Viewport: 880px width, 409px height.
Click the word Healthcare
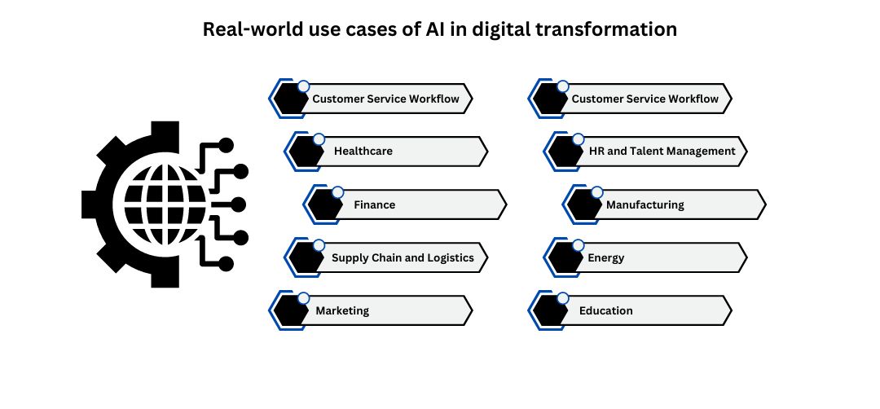[x=363, y=151]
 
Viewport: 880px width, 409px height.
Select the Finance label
[x=374, y=204]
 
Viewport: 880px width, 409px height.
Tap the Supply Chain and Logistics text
[x=403, y=257]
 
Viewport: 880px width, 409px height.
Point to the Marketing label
[x=342, y=310]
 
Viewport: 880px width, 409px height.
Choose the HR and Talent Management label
[x=662, y=151]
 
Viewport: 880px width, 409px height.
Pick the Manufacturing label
[x=645, y=204]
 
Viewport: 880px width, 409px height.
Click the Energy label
[x=605, y=257]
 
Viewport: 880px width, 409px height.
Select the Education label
[x=605, y=310]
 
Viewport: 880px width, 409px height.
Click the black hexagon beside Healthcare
[x=304, y=152]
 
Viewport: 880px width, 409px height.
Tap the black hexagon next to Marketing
[x=288, y=311]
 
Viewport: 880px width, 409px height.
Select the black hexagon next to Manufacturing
[x=583, y=205]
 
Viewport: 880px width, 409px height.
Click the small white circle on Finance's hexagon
[x=337, y=192]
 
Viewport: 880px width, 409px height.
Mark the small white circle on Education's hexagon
[x=562, y=298]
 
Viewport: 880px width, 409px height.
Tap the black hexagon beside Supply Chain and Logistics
[x=304, y=258]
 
